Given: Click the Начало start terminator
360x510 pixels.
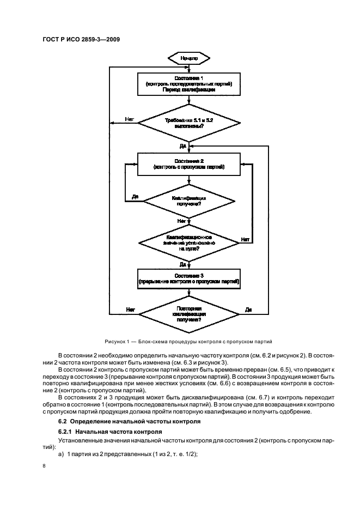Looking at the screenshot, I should tap(188, 57).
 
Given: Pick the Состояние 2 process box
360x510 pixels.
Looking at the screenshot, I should tap(188, 164).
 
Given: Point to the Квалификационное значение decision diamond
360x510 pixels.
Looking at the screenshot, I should tap(188, 241).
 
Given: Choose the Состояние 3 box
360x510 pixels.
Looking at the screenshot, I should tap(188, 278).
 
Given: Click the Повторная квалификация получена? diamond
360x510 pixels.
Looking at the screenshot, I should tap(188, 314).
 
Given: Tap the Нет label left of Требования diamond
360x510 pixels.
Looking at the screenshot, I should tap(129, 119).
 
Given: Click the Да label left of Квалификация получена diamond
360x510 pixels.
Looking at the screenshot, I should tap(135, 197).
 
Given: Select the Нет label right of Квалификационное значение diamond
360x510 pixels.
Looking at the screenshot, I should tap(246, 239).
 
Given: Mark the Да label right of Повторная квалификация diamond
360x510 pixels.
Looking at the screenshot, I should tap(248, 309).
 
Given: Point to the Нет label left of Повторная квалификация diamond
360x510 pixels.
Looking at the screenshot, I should tap(130, 309).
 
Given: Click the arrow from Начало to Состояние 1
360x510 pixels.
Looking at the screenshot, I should tap(188, 68).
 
